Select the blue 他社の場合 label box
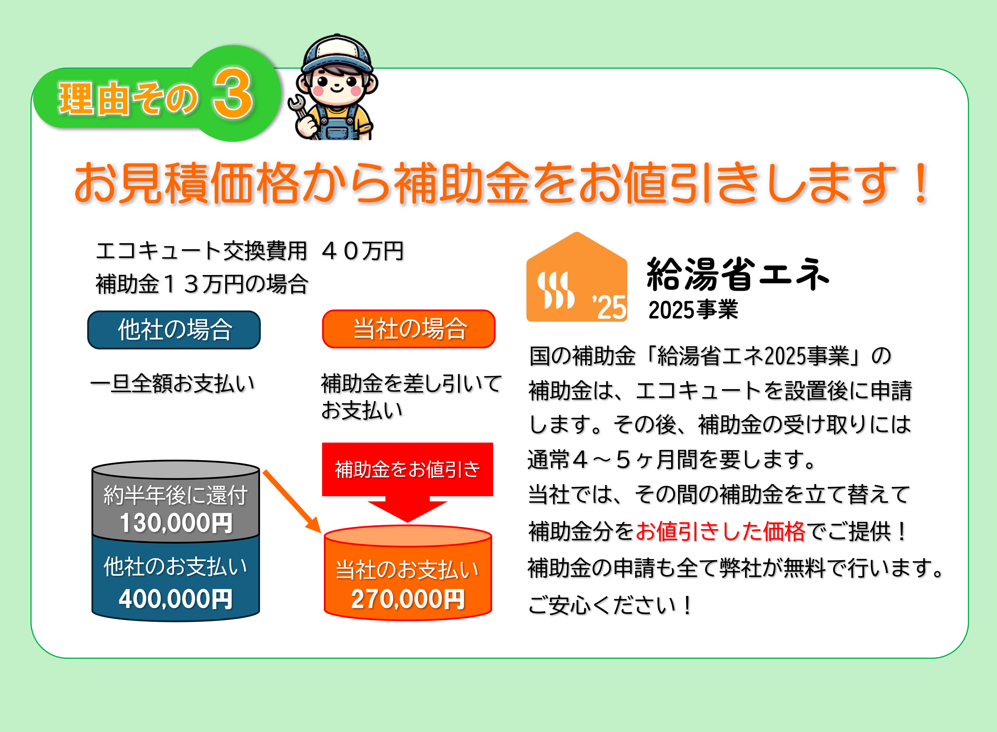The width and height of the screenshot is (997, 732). (174, 330)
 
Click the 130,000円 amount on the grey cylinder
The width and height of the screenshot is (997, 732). (176, 523)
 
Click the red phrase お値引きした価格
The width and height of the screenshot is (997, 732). (721, 531)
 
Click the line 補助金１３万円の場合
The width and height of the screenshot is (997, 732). (202, 284)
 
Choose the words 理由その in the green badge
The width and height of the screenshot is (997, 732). (128, 98)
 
